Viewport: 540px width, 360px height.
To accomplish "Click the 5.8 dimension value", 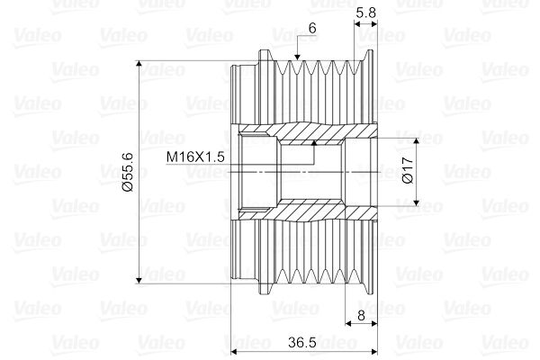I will click(x=366, y=12).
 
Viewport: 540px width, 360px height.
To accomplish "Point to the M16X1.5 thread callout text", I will click(x=195, y=157).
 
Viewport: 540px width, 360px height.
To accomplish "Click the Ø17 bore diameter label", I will click(x=407, y=171).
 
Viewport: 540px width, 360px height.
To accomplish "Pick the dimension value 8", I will click(x=361, y=315).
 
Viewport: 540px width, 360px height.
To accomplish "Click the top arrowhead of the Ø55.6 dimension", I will click(x=139, y=66).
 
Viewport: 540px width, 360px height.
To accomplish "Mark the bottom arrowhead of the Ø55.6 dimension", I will click(x=139, y=278).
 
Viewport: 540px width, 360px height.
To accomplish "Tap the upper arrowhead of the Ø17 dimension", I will click(x=417, y=142).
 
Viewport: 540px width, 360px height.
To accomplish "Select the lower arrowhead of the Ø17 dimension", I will click(x=417, y=200).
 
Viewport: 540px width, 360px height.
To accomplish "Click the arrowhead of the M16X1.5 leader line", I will click(x=313, y=142).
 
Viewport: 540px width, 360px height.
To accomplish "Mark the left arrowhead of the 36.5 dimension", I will click(x=237, y=352).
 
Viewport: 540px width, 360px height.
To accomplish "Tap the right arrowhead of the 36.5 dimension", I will click(x=373, y=352).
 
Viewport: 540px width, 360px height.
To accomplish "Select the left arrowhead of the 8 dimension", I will click(x=351, y=324).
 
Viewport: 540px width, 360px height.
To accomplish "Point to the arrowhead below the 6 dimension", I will click(x=298, y=59).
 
